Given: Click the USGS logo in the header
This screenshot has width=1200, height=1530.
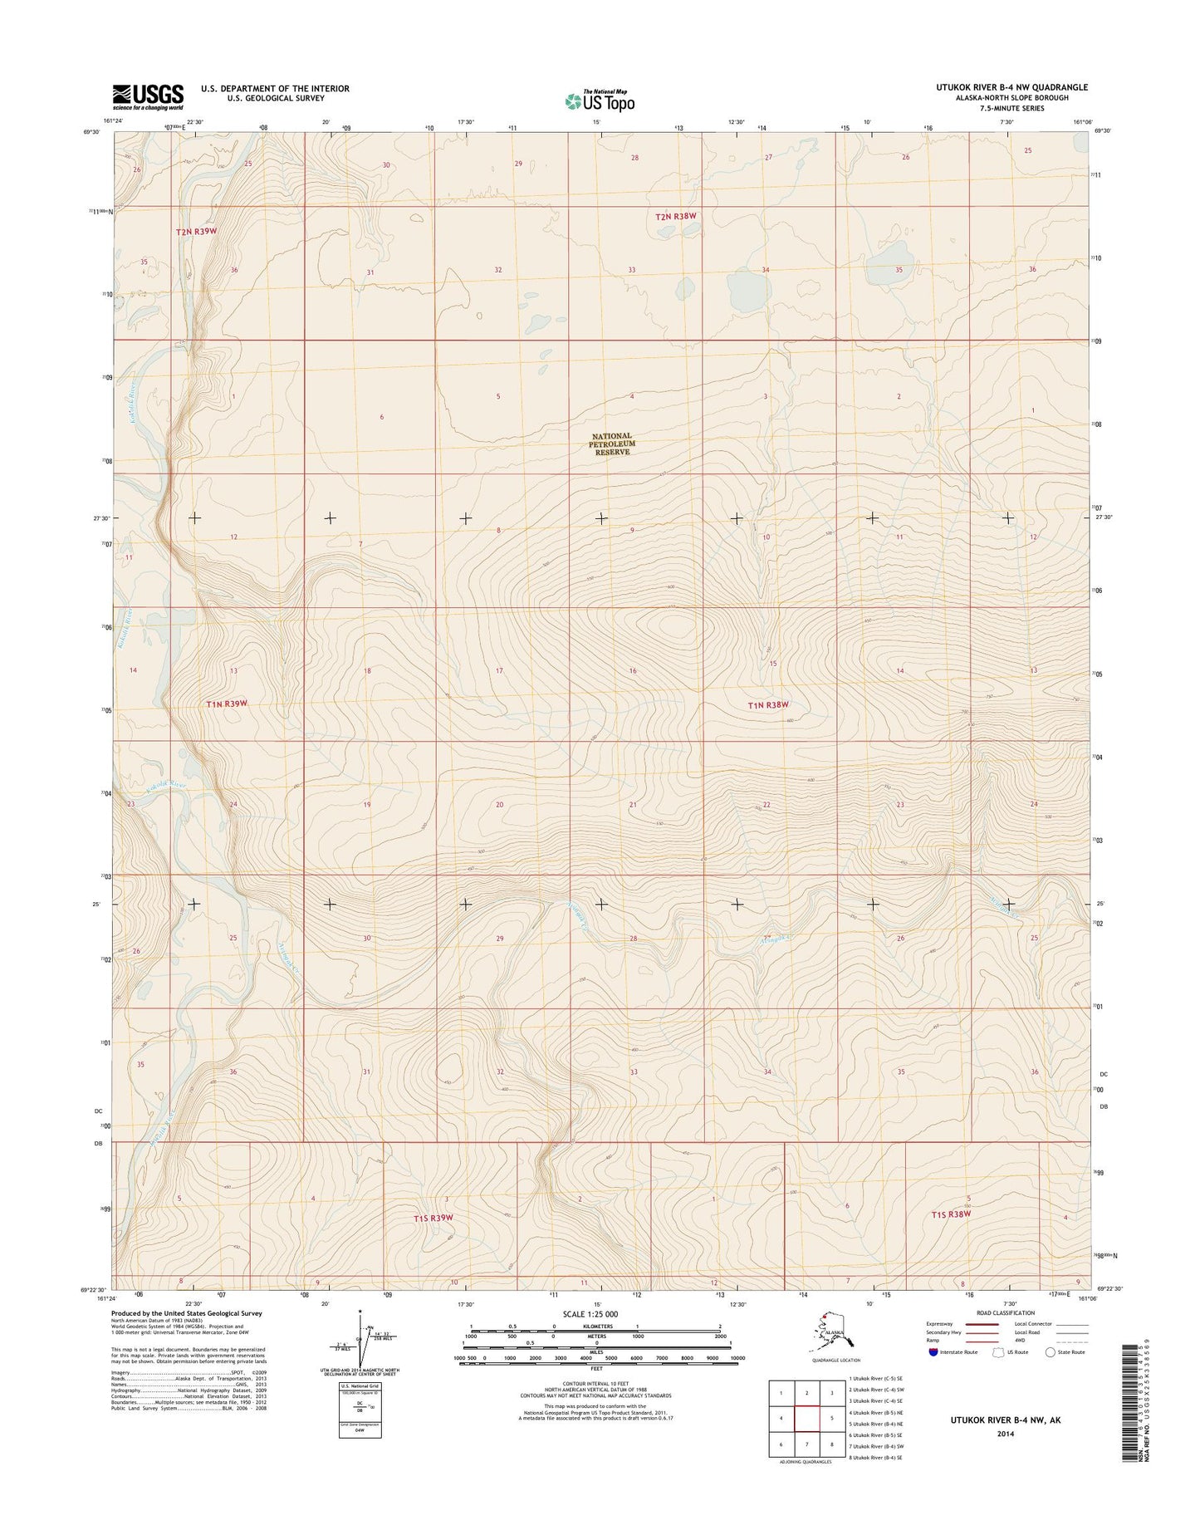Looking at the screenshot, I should [148, 97].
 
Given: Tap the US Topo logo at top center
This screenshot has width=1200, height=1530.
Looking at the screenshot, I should [600, 101].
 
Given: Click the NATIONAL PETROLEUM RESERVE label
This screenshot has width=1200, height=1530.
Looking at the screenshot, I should [612, 444].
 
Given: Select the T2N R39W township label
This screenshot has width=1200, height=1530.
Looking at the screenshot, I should [196, 232].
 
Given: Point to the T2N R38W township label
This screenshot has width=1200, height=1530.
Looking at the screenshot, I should [675, 216].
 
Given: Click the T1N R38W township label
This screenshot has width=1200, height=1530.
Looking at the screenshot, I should [767, 704].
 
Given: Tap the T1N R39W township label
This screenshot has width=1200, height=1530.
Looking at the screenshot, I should [227, 704].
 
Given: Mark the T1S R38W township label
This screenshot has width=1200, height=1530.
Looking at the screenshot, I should [951, 1214].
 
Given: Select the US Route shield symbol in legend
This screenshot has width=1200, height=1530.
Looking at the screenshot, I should [999, 1353].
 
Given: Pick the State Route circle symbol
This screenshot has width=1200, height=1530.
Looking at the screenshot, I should [1051, 1353].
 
